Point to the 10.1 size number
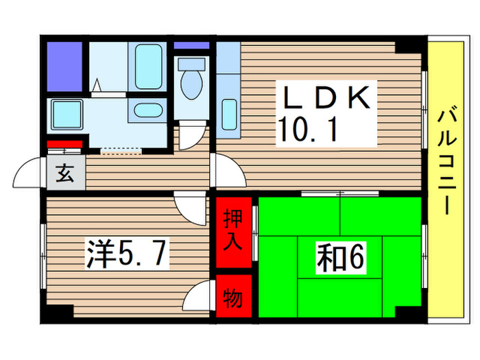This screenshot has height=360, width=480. point(308,129)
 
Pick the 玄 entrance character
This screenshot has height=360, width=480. point(65,174)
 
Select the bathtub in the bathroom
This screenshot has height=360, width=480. point(148,67)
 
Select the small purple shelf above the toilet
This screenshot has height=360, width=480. point(191,45)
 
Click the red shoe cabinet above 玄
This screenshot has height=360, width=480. point(65,145)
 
